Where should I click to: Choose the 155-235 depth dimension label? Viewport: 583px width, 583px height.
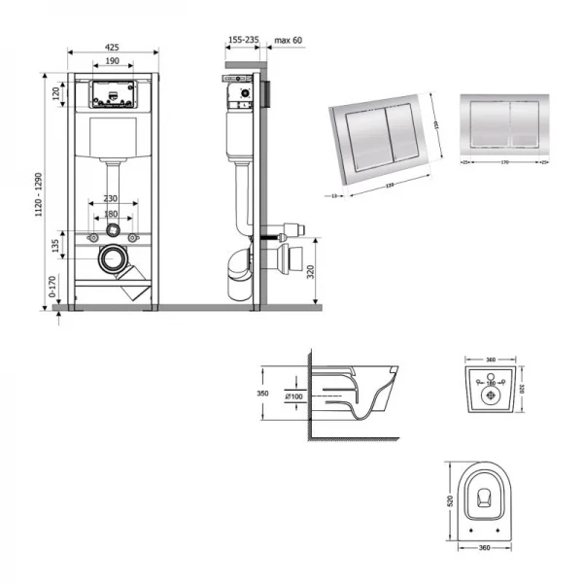click(x=243, y=42)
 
